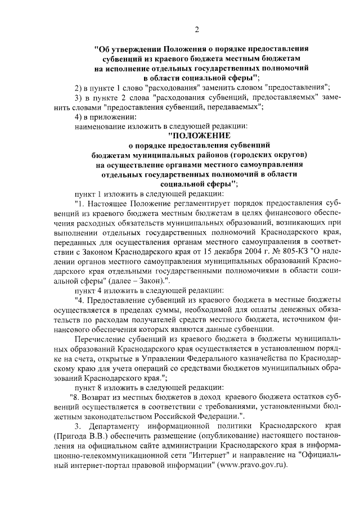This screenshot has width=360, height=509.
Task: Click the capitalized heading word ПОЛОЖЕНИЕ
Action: pyautogui.click(x=199, y=136)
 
